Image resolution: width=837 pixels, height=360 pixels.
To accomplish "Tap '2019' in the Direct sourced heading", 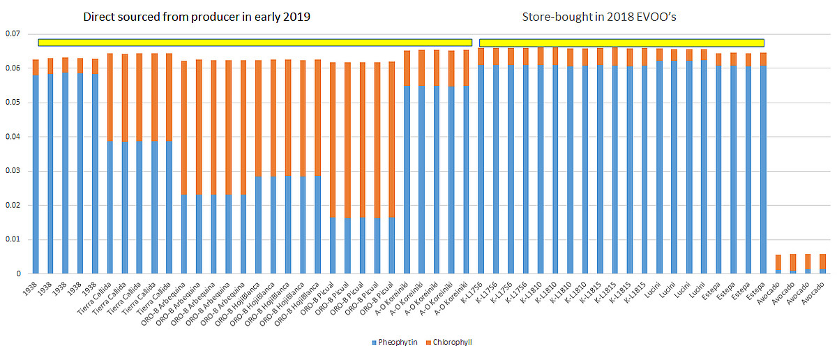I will (x=296, y=16).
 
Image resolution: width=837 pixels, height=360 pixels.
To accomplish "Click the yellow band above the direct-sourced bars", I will (x=255, y=43).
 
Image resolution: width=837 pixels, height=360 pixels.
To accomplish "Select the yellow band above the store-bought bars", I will (x=621, y=43).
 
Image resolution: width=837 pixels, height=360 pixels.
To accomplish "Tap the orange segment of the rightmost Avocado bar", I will (x=822, y=262).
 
